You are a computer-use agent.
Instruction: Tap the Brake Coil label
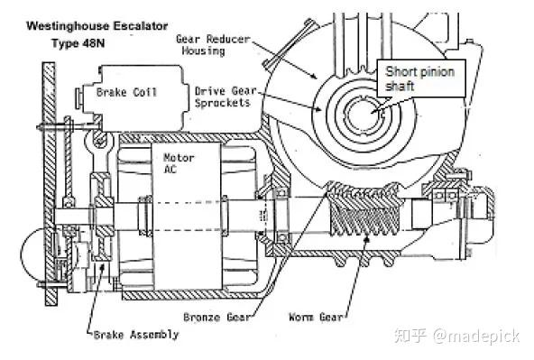(x=126, y=92)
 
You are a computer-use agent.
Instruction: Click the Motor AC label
(x=178, y=164)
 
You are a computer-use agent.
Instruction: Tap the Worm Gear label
(x=315, y=318)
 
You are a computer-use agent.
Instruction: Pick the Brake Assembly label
(x=135, y=334)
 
